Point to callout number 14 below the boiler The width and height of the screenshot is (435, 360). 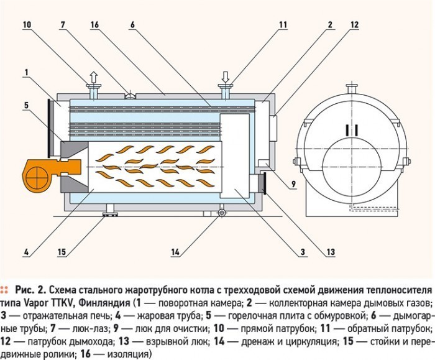[x=176, y=252]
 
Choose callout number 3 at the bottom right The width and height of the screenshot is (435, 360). [x=302, y=252]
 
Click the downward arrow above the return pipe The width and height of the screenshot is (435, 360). [x=225, y=78]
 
